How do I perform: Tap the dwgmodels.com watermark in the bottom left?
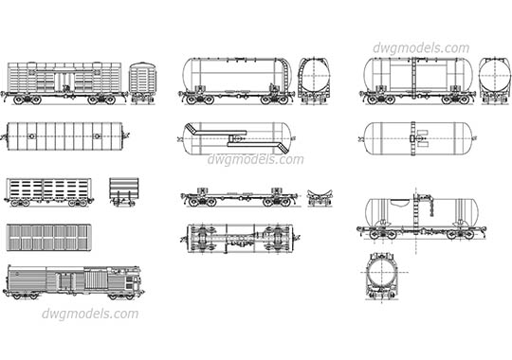(91, 314)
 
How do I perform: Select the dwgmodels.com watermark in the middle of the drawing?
(256, 159)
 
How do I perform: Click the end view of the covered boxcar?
(142, 81)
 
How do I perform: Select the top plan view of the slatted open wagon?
(49, 238)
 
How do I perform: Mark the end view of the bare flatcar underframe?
(319, 197)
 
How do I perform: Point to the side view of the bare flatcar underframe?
(238, 198)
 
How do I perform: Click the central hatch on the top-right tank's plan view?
(415, 138)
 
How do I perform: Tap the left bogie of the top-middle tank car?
(198, 97)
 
